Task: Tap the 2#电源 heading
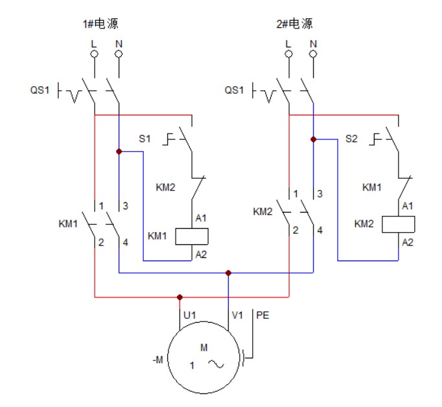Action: tap(294, 24)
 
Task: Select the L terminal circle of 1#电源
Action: tap(95, 54)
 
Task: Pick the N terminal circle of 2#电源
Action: tap(313, 54)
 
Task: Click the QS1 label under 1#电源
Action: tap(40, 90)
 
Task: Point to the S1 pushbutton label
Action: tap(145, 138)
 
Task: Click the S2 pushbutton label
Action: tap(351, 138)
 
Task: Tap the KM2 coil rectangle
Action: tap(399, 224)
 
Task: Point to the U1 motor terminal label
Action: tap(189, 315)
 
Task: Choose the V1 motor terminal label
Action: tap(238, 315)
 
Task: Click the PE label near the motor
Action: tap(263, 315)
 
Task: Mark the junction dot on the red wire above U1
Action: tap(180, 297)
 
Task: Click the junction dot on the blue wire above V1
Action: tap(228, 273)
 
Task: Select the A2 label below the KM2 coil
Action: tap(408, 242)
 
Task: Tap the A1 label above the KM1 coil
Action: tap(200, 218)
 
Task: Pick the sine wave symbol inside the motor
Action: tap(215, 365)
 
